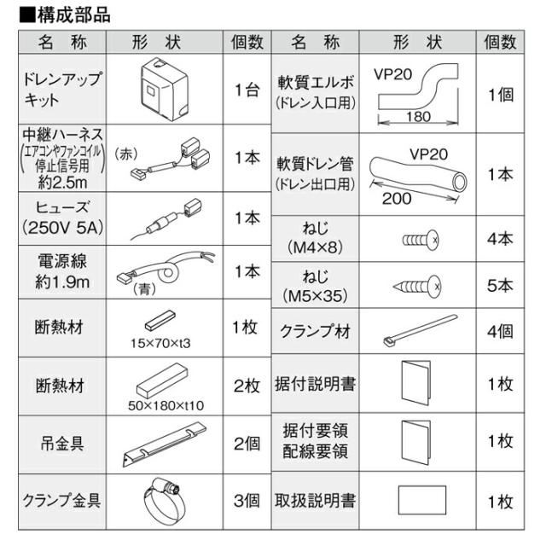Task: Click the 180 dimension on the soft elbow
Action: [x=418, y=117]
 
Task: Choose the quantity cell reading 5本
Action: [x=500, y=285]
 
